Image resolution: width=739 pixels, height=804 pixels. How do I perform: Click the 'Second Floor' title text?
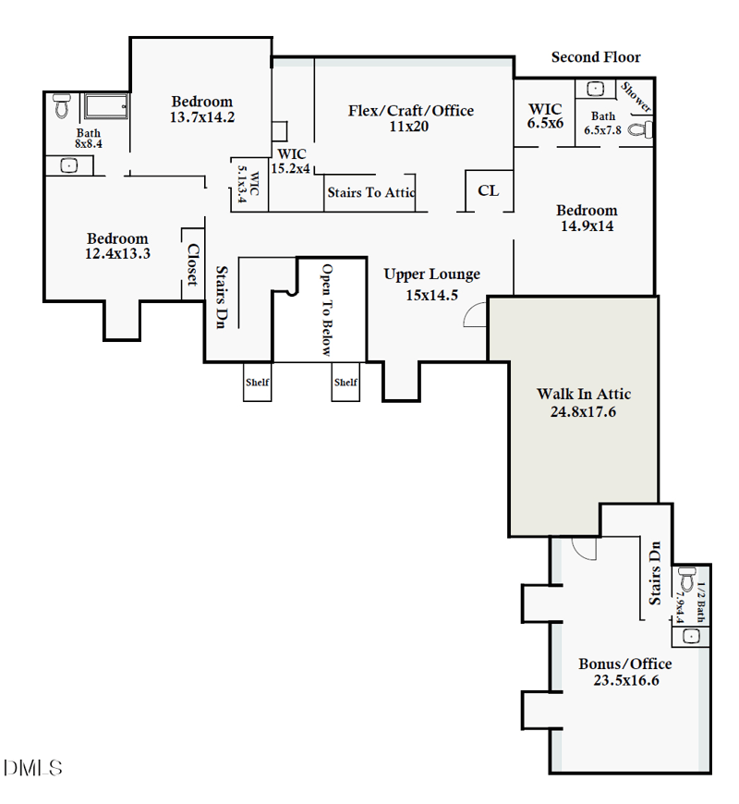(596, 57)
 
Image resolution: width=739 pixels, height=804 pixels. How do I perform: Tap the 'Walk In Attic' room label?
(584, 395)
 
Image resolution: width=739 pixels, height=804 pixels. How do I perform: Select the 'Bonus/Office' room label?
(625, 664)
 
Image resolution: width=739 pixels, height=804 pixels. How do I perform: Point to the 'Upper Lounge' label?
(431, 274)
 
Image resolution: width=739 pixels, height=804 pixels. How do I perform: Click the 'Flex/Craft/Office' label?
(410, 111)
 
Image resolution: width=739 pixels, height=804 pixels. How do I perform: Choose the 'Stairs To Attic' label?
(370, 193)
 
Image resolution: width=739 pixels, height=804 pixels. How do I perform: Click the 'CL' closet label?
(488, 190)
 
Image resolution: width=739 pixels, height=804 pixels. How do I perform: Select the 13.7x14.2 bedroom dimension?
(201, 117)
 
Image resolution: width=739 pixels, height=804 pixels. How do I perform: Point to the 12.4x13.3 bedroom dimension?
(117, 253)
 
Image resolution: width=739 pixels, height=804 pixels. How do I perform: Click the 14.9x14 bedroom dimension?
(587, 225)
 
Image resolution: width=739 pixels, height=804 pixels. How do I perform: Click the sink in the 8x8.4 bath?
(68, 165)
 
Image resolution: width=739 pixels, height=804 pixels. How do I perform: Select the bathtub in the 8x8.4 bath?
(106, 105)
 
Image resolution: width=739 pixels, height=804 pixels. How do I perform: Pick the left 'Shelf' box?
(257, 382)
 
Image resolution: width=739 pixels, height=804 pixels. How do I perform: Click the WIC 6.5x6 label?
(546, 116)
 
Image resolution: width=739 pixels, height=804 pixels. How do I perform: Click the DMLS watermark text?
(33, 768)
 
